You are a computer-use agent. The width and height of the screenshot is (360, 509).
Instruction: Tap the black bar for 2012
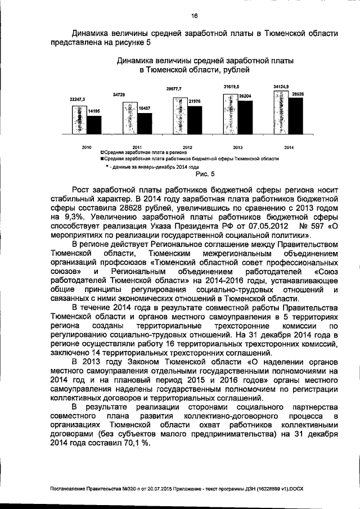pyautogui.click(x=195, y=120)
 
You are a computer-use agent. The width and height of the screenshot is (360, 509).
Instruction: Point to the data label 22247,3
pyautogui.click(x=77, y=99)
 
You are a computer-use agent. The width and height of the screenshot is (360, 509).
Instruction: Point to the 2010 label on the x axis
pyautogui.click(x=87, y=147)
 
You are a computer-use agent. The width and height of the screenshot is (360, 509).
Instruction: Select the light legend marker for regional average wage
pyautogui.click(x=102, y=152)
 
